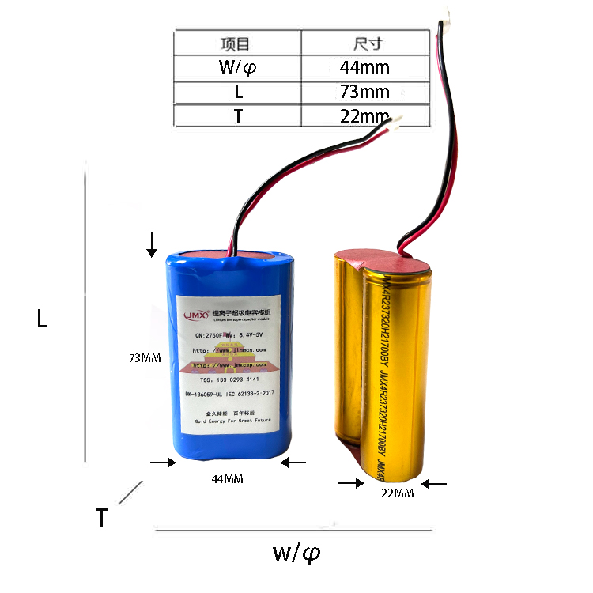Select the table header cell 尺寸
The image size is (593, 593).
(x=364, y=43)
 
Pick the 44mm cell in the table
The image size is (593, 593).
(x=364, y=67)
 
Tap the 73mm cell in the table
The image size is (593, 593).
(x=364, y=92)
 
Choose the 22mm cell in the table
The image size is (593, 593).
(x=364, y=116)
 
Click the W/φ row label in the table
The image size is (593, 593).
(x=237, y=67)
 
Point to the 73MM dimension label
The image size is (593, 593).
(x=145, y=358)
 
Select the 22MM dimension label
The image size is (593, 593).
(x=398, y=494)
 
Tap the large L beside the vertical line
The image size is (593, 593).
(x=43, y=319)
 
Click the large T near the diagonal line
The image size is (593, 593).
(x=101, y=518)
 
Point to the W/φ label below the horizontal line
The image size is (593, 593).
(x=296, y=553)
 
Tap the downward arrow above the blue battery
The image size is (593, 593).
(x=151, y=245)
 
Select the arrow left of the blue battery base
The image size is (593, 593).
(x=162, y=463)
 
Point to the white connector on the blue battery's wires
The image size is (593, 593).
(x=395, y=119)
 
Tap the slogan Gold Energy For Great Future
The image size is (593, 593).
(x=232, y=421)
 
